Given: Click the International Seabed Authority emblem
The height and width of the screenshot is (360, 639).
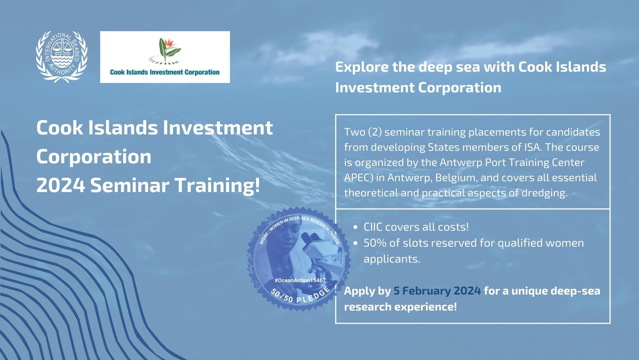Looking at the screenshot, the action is (62, 57).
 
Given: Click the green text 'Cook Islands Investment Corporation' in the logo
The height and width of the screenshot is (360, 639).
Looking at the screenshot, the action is (165, 72).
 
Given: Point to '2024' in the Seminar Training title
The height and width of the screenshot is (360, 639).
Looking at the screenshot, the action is (61, 185).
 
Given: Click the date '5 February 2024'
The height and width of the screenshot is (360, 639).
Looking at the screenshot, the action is (437, 291).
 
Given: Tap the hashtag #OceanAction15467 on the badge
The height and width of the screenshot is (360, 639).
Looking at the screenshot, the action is (300, 281).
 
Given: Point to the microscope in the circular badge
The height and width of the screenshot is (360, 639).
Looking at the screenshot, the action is (319, 257).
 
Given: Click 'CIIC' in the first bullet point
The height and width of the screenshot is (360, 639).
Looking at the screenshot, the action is (373, 227).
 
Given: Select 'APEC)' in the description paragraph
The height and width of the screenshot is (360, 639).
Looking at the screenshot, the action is (358, 178).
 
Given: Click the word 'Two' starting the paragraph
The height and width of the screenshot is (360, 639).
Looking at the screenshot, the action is (354, 132).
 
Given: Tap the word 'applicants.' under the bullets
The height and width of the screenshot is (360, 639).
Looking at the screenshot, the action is (392, 259).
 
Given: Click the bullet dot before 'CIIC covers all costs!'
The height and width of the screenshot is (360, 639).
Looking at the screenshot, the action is (355, 228).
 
